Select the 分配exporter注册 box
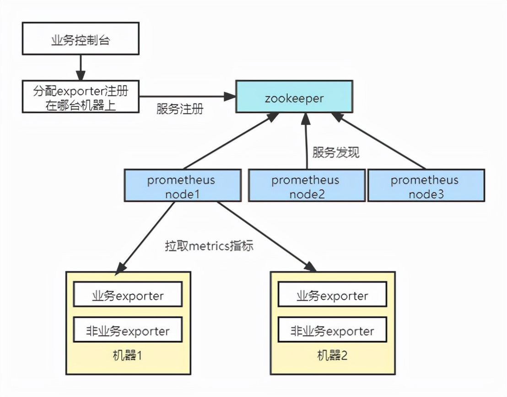click(x=80, y=97)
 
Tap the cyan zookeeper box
click(x=294, y=97)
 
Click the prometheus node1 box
click(x=183, y=185)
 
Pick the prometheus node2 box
click(x=307, y=185)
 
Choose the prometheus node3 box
click(x=426, y=185)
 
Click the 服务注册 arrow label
click(x=180, y=110)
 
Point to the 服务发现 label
click(x=336, y=152)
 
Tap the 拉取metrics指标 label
click(x=209, y=246)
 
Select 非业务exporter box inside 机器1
click(x=128, y=331)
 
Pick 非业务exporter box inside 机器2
click(x=332, y=331)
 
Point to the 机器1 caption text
click(x=128, y=355)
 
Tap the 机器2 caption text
click(x=332, y=355)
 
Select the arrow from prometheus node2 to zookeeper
click(x=306, y=142)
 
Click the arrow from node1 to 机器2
click(x=265, y=236)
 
